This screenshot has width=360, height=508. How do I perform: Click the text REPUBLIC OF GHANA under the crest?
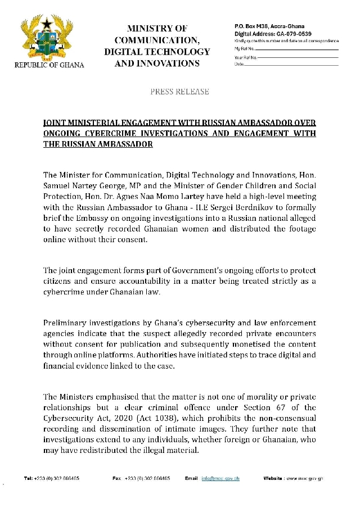pos(49,65)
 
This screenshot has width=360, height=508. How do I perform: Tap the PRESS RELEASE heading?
pos(179,91)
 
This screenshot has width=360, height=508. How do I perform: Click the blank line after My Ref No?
pos(298,50)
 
